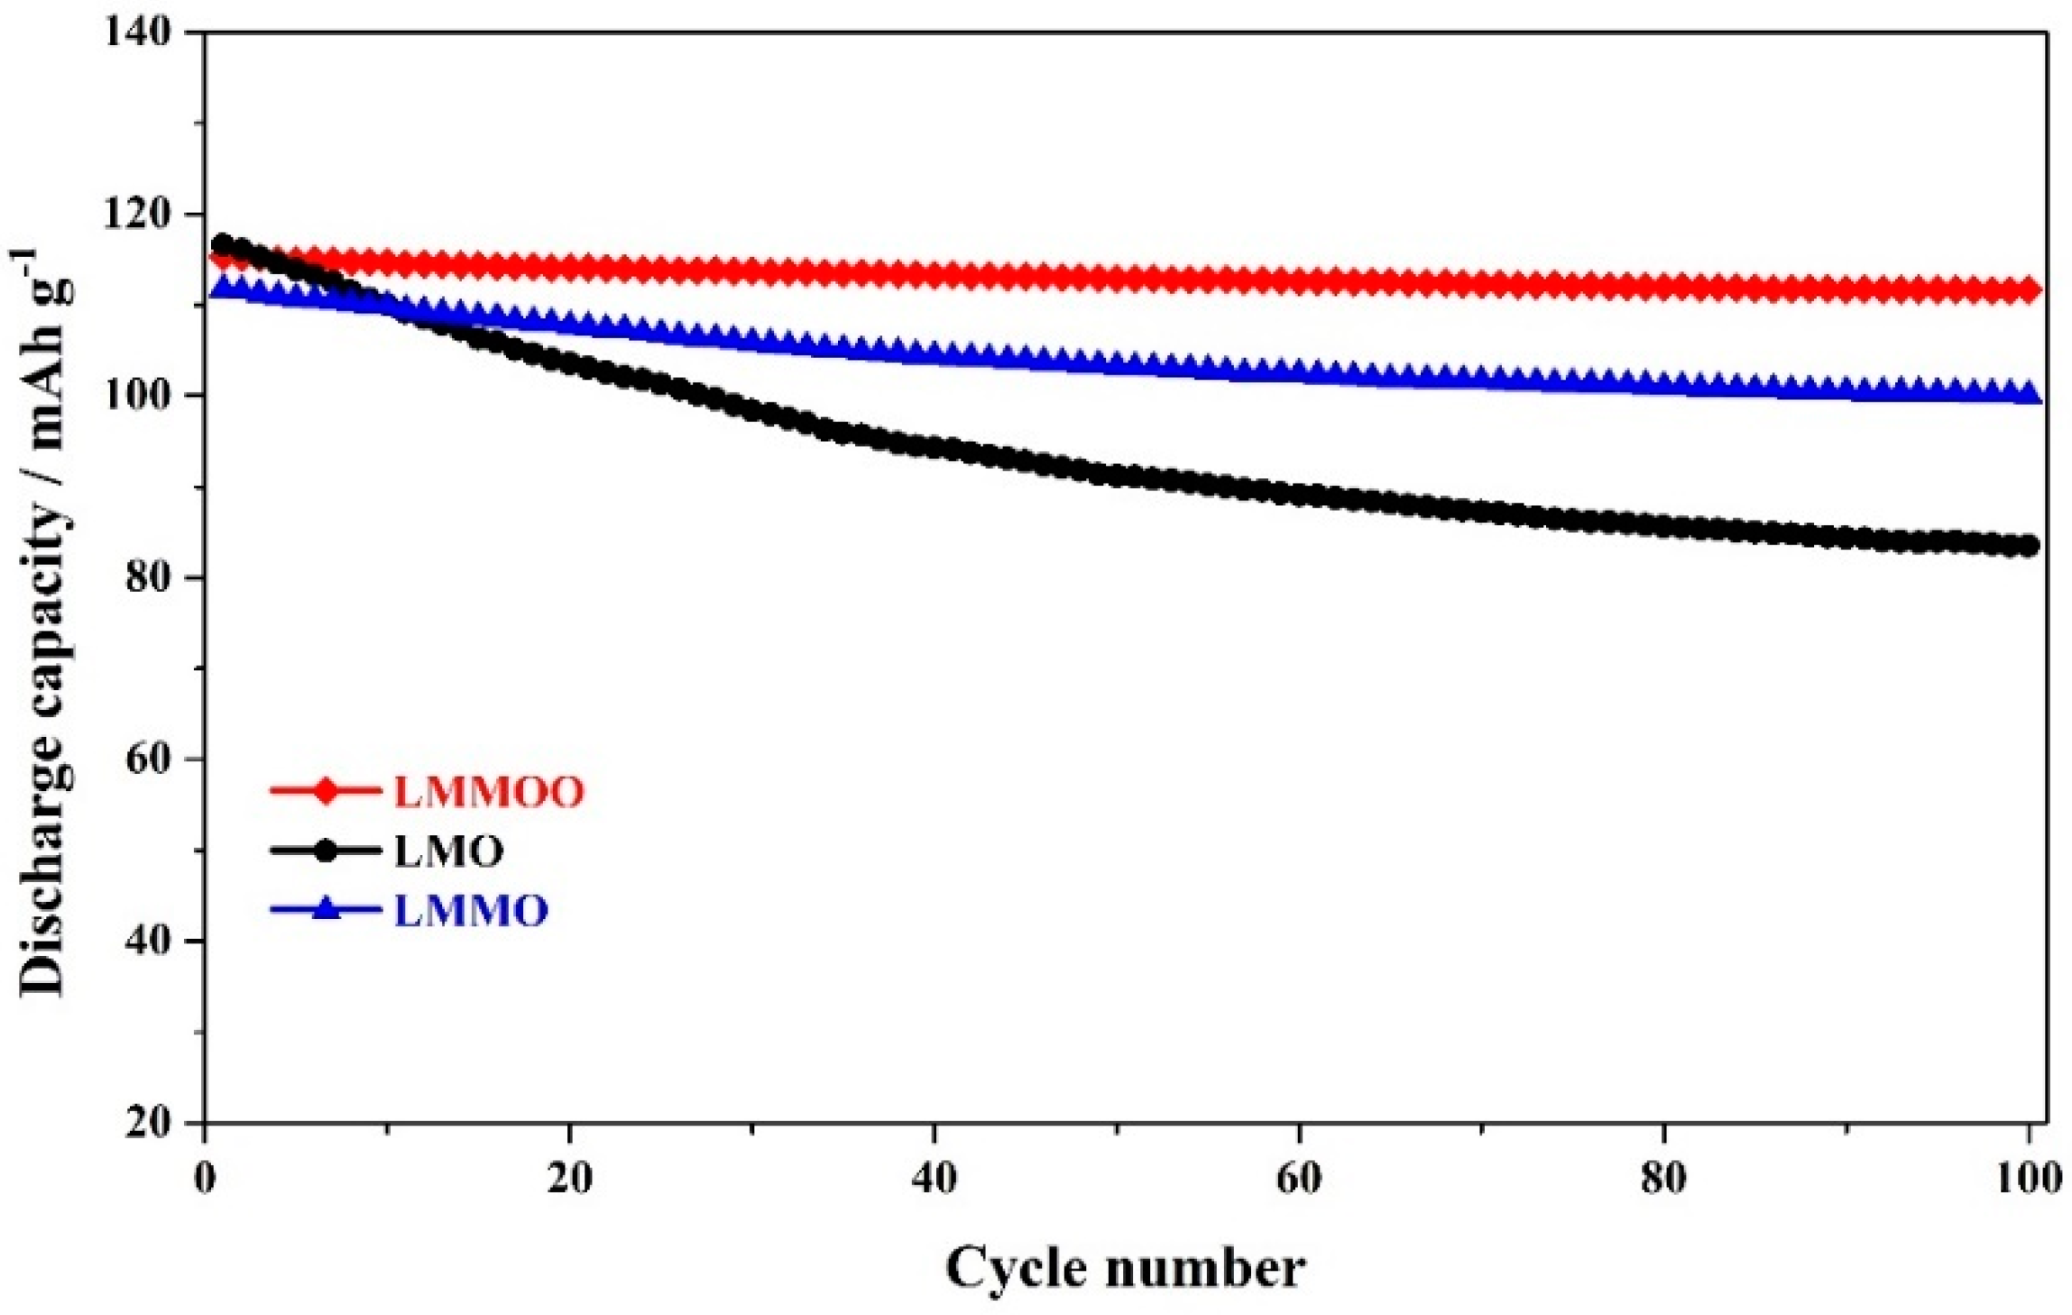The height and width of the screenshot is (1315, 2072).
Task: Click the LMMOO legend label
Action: (488, 792)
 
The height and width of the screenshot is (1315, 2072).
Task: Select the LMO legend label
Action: (448, 851)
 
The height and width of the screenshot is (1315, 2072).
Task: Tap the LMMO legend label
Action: (471, 911)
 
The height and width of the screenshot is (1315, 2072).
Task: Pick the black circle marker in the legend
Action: (326, 851)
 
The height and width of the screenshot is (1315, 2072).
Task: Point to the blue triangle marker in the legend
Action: (326, 908)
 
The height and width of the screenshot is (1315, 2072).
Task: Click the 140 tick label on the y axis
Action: (138, 32)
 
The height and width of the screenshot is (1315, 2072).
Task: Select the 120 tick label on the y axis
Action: (138, 215)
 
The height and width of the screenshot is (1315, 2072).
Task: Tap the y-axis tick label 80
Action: (149, 577)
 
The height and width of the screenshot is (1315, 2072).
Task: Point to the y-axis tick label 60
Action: (149, 759)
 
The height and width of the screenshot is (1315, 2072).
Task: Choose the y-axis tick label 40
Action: (149, 942)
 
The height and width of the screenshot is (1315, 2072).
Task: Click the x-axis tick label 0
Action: (205, 1178)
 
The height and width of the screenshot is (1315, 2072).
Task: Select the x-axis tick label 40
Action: (934, 1178)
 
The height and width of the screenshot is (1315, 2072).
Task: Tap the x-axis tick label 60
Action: (1299, 1178)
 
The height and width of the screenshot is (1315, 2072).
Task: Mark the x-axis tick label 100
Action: (2028, 1178)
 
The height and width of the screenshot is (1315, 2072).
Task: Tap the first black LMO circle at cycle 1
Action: (222, 244)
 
